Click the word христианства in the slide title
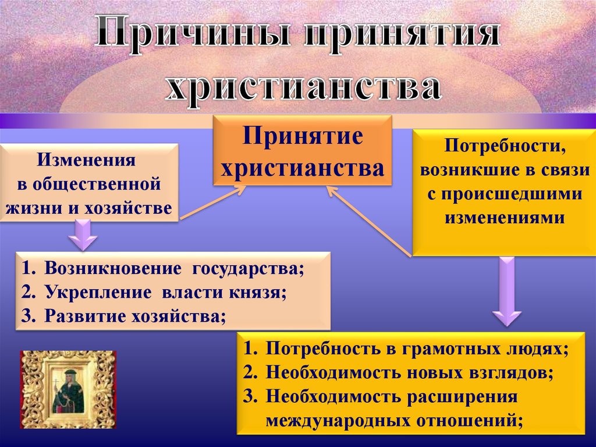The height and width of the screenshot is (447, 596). point(302,86)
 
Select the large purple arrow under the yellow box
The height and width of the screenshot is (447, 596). point(506,291)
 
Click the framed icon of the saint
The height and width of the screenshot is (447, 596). point(68,389)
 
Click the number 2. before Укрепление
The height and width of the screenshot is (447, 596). point(29,293)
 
